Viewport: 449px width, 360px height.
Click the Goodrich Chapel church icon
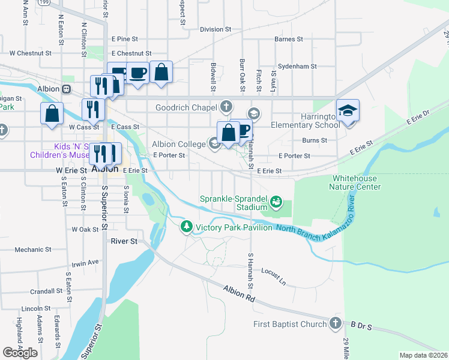[x=226, y=107]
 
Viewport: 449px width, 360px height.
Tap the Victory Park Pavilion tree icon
[x=187, y=226]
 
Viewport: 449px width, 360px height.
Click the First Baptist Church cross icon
[x=336, y=325]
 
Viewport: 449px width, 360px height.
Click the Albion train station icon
[x=66, y=89]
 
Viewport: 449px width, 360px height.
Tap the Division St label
[x=215, y=29]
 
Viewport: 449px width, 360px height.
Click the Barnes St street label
[x=288, y=39]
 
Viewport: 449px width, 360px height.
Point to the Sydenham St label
[x=296, y=66]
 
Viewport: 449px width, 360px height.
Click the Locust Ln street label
[x=273, y=275]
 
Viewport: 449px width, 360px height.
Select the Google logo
[x=20, y=352]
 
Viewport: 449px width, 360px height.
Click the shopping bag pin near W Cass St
[x=52, y=113]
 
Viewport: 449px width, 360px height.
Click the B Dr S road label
[x=362, y=327]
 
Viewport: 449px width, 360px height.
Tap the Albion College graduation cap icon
[x=213, y=143]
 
